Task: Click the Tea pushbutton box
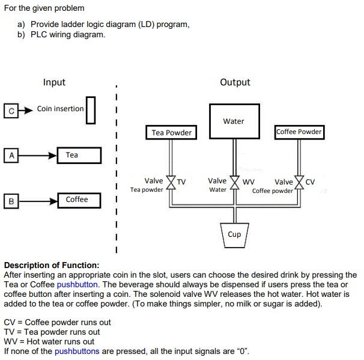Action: point(79,155)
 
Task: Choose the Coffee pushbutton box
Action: point(79,200)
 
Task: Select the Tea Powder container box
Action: point(171,132)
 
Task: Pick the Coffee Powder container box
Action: point(299,132)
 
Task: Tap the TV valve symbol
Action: point(171,182)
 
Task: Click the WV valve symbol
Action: point(234,182)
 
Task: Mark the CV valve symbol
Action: point(298,182)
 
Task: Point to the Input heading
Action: point(54,82)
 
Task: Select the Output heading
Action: point(235,82)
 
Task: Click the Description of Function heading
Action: point(52,265)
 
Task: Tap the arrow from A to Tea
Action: point(37,155)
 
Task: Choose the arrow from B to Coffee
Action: point(37,200)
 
